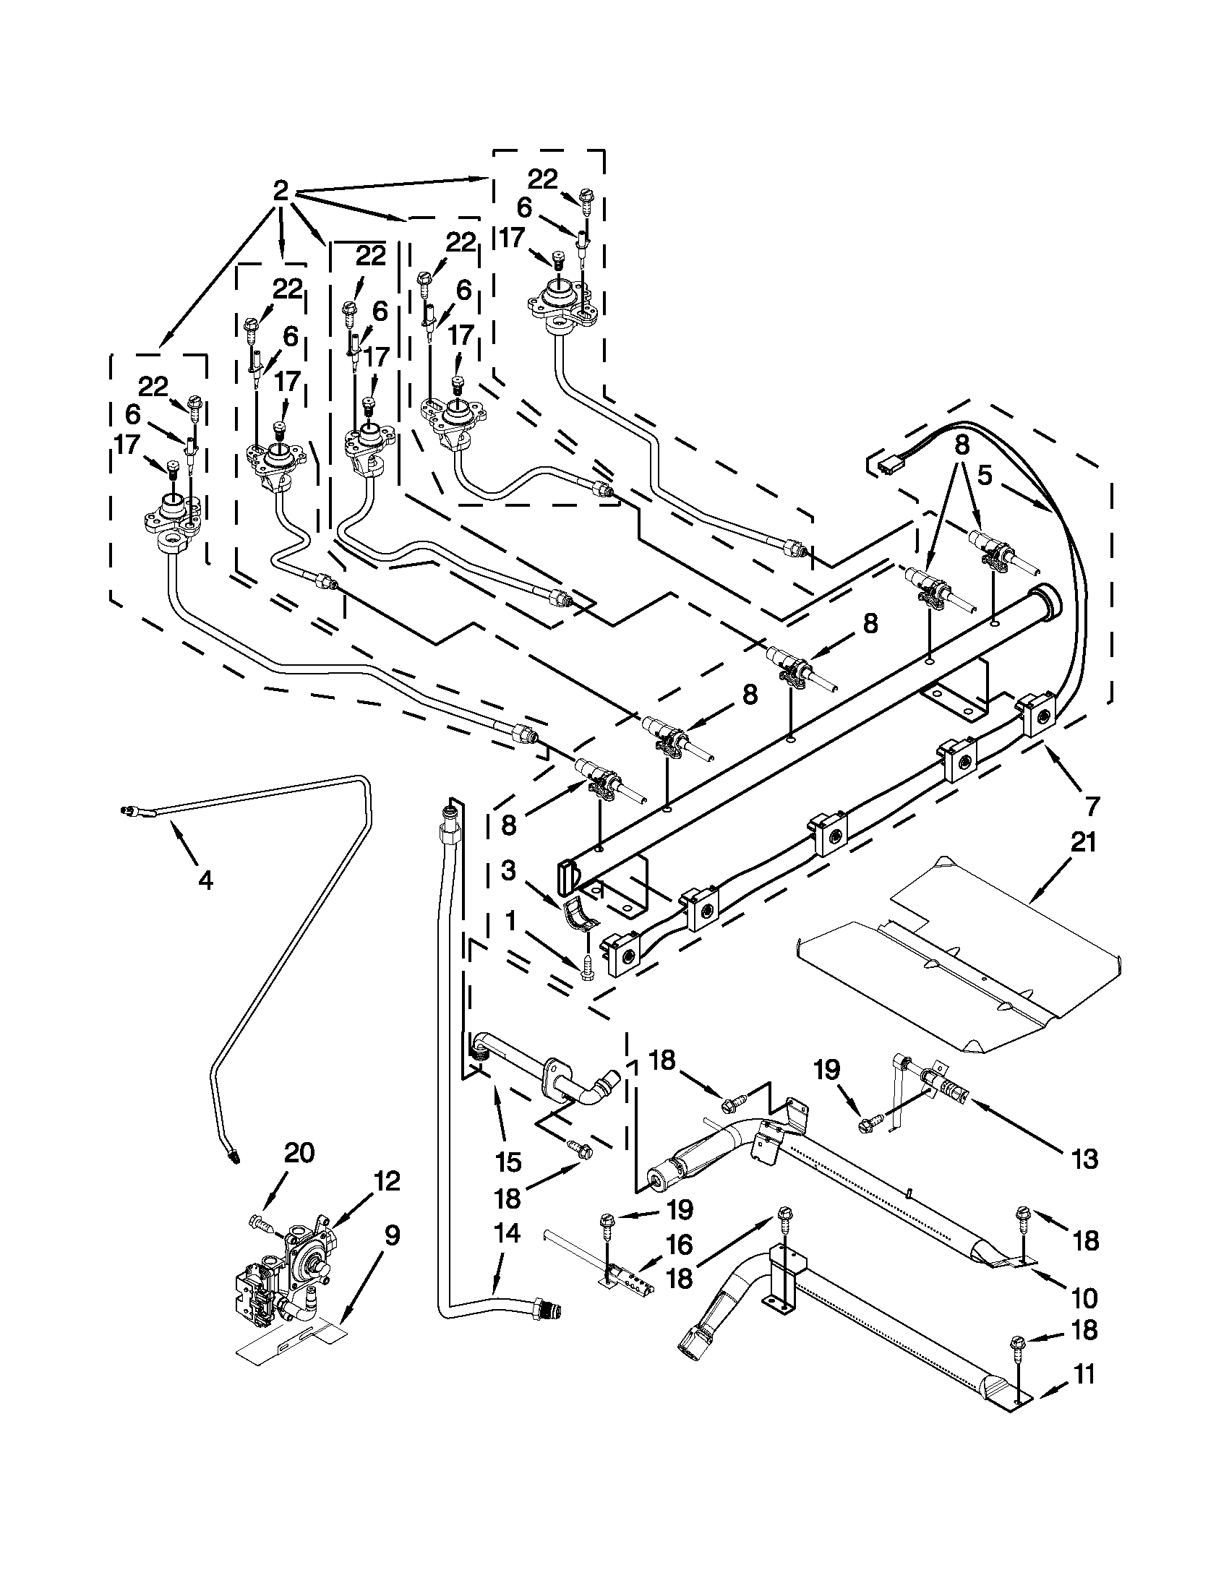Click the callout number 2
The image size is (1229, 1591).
[x=281, y=191]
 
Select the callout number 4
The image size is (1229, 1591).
[x=205, y=880]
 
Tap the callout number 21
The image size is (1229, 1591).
[x=1082, y=844]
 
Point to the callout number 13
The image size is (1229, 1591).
[x=1084, y=1158]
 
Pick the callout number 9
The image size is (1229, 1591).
[x=391, y=1236]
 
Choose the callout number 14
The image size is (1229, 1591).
[x=507, y=1233]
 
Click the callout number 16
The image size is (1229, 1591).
[x=679, y=1245]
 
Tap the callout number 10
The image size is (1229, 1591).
[x=1084, y=1298]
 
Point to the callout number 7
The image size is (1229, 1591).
[x=1092, y=807]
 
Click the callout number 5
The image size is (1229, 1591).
[x=985, y=476]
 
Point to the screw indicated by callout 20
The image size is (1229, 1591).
[x=261, y=1222]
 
